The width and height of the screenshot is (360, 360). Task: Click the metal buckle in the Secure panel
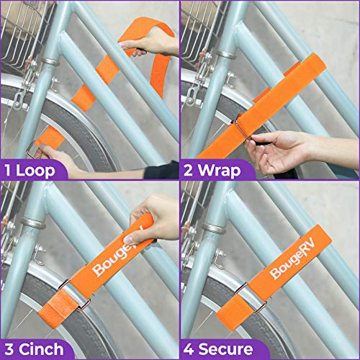coord(242,295)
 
